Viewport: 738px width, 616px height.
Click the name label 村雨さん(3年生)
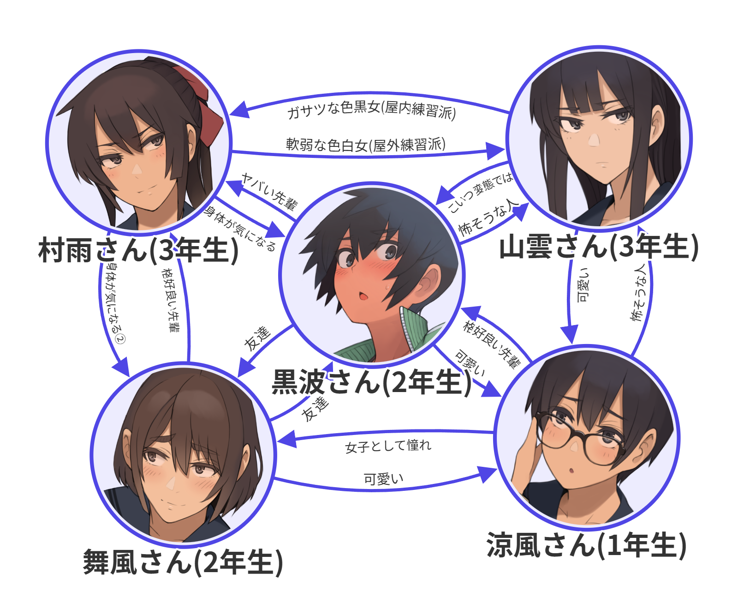(x=138, y=250)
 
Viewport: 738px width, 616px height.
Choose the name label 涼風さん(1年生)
(x=586, y=545)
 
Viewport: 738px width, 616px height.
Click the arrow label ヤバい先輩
(x=270, y=191)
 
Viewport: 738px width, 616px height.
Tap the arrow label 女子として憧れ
(x=388, y=446)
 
